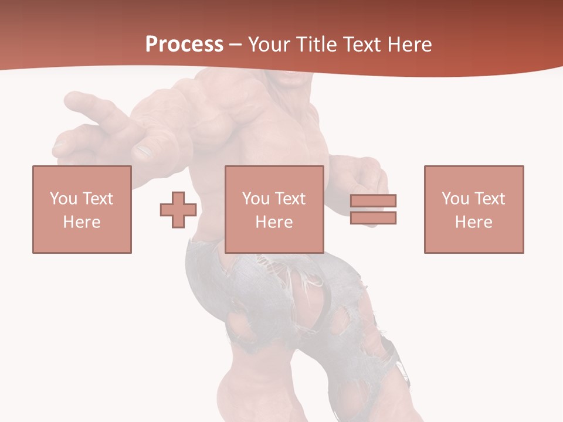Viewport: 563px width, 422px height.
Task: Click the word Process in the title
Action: (184, 44)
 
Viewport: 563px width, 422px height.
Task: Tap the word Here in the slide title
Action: (409, 44)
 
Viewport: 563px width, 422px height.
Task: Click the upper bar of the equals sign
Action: (373, 200)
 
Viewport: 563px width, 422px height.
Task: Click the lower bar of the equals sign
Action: (373, 217)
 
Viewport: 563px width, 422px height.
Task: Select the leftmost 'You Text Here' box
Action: (82, 209)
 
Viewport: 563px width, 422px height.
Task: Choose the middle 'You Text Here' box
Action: (274, 209)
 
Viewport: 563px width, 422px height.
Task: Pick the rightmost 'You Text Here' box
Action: (474, 209)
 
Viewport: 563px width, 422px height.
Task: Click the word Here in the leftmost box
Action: (82, 222)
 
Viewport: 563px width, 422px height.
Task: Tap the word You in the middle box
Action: (256, 199)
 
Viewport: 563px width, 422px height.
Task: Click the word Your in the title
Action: (269, 44)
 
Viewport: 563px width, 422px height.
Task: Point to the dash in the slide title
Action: (236, 45)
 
